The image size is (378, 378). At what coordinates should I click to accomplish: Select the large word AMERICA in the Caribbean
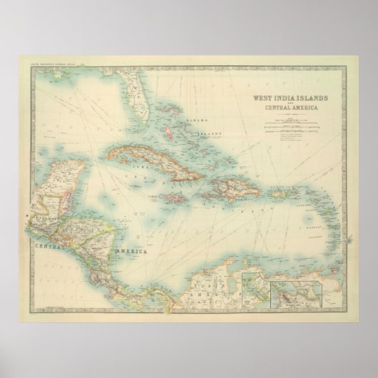click(128, 253)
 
